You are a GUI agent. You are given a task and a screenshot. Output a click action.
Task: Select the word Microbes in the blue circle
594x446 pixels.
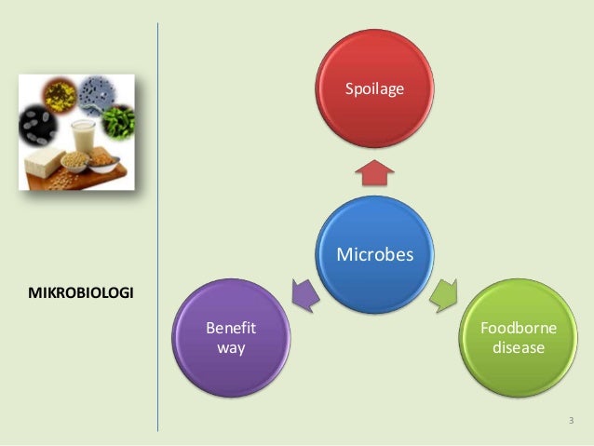point(374,253)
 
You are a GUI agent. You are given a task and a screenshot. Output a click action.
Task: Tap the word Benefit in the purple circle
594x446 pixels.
point(231,329)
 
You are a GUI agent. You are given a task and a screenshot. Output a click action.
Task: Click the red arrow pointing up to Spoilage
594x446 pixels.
point(374,171)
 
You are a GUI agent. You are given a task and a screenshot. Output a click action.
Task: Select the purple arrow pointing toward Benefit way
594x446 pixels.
point(305,292)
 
